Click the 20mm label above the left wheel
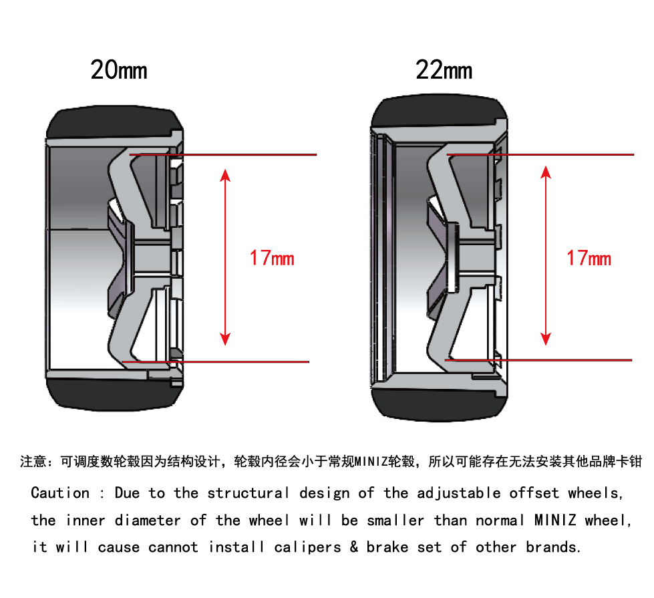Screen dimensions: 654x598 pos(119,69)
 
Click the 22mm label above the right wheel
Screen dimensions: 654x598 pos(444,69)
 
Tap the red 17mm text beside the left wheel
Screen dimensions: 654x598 pos(272,258)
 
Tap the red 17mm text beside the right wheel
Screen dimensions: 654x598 pos(589,258)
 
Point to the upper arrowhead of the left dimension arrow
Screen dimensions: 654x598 pos(225,175)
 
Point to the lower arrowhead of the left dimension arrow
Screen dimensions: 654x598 pos(225,339)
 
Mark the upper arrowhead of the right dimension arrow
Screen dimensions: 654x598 pos(546,172)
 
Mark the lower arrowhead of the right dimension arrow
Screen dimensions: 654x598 pos(546,339)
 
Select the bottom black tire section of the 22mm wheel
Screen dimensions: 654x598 pos(438,404)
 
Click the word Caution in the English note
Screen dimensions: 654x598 pos(61,493)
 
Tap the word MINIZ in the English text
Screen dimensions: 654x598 pos(555,520)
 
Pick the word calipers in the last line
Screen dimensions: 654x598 pos(307,547)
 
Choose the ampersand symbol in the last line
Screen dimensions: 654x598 pos(353,547)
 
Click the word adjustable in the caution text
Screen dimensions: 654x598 pos(459,493)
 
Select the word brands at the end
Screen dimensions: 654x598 pos(552,547)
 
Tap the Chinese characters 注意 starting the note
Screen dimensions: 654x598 pos(33,462)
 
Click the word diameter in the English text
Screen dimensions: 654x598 pos(148,520)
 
